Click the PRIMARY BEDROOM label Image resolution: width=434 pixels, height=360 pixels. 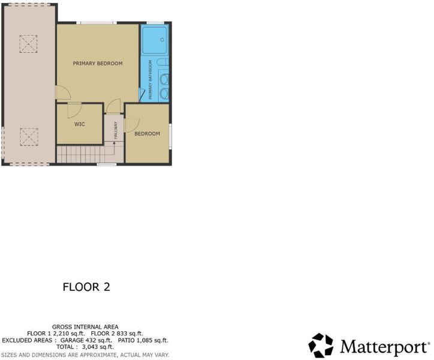[x=98, y=64]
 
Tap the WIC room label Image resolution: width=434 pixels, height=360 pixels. [x=80, y=124]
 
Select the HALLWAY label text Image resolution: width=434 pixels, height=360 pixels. [x=116, y=130]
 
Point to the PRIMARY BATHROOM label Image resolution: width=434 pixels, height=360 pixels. [x=150, y=80]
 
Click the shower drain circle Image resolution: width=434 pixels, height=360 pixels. [x=162, y=40]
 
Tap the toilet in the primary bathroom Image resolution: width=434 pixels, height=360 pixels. [x=163, y=62]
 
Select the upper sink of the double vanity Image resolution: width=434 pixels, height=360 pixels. [x=164, y=80]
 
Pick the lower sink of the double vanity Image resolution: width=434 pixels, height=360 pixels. [x=164, y=94]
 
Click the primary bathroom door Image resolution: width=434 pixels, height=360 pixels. [x=141, y=95]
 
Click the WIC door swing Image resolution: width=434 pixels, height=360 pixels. [x=74, y=110]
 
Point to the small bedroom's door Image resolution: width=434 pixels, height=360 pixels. [x=132, y=125]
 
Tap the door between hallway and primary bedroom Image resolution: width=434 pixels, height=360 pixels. [x=113, y=106]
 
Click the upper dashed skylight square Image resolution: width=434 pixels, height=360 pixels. [x=28, y=44]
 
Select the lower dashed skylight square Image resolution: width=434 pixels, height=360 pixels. [x=29, y=137]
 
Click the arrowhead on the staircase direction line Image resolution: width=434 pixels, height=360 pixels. [x=114, y=143]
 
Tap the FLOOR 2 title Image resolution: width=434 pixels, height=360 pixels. [x=86, y=287]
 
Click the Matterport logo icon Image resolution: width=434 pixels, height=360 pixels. [x=321, y=346]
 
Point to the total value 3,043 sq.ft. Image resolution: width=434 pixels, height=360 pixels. [x=98, y=347]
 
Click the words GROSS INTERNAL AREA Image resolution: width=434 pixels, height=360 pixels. [x=85, y=327]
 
